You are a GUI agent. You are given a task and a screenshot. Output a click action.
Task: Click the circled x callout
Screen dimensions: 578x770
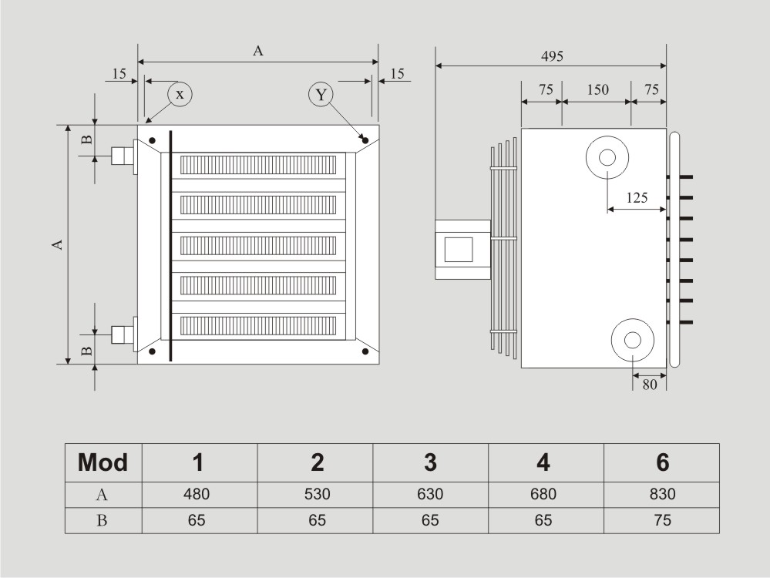click(180, 94)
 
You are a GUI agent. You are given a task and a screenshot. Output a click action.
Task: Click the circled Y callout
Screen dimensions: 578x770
click(321, 95)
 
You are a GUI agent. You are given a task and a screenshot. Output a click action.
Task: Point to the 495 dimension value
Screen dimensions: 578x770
click(552, 56)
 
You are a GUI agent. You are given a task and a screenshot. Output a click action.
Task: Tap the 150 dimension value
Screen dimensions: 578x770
click(597, 89)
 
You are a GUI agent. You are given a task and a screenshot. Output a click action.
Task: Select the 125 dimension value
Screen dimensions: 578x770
click(637, 197)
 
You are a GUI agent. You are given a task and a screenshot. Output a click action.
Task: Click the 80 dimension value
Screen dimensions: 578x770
click(650, 385)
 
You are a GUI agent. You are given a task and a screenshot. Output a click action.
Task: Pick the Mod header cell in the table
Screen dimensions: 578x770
click(103, 462)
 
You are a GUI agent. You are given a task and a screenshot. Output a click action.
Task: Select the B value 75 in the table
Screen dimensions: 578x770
click(662, 520)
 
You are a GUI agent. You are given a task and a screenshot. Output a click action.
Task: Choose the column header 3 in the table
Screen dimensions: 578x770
click(430, 462)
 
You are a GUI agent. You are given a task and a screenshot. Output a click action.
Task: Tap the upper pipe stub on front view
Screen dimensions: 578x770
click(122, 156)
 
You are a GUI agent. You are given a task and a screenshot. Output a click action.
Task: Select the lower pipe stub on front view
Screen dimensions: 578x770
click(122, 334)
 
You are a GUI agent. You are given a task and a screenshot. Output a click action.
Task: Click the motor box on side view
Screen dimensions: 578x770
click(462, 249)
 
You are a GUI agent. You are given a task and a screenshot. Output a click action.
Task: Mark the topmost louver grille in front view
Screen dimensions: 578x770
click(258, 165)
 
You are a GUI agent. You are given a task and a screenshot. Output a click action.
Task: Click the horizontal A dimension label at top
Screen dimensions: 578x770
click(258, 51)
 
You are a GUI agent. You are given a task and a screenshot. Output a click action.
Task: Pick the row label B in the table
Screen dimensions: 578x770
click(103, 520)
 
